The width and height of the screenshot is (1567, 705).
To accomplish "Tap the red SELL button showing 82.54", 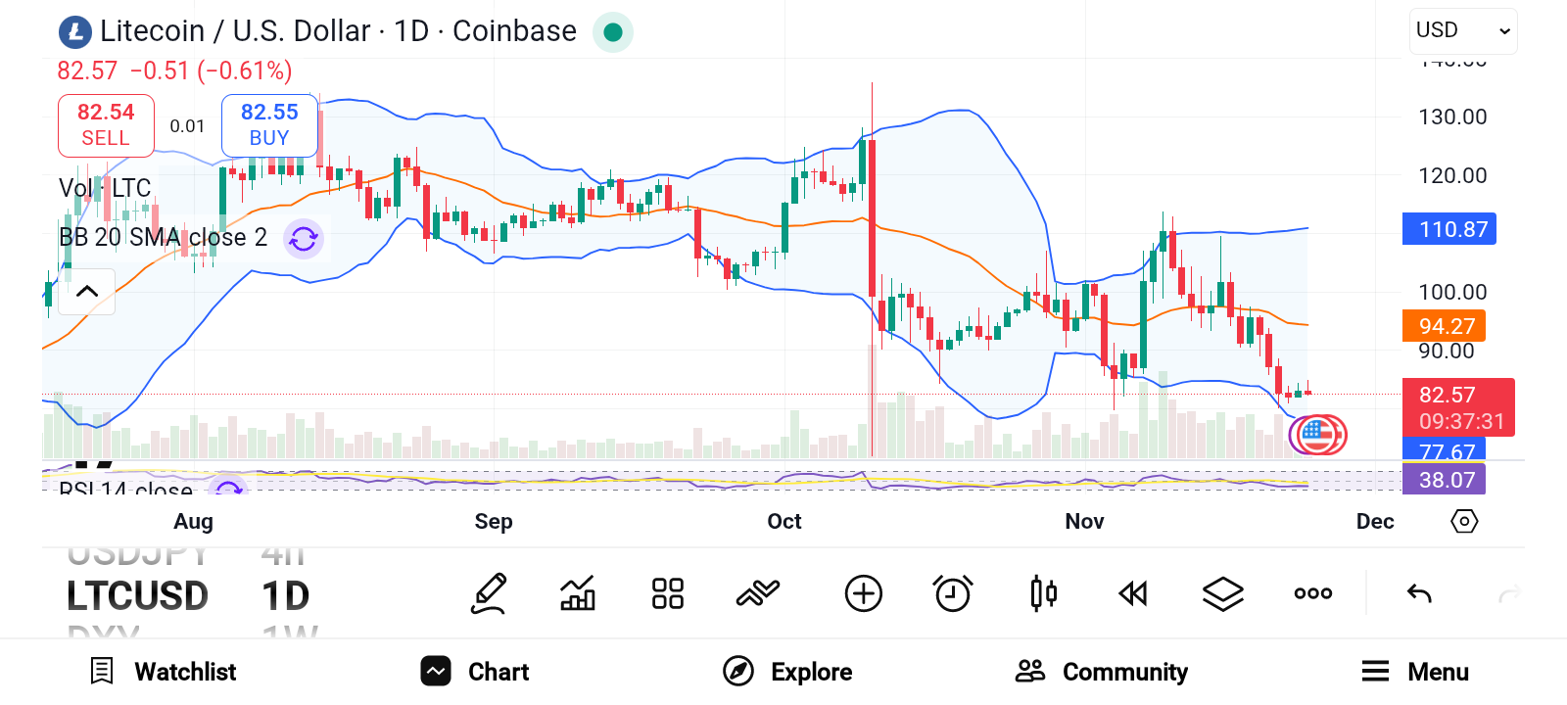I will (x=106, y=125).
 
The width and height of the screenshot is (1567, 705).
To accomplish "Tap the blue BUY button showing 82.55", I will (x=269, y=125).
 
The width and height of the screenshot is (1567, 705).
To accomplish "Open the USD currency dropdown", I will (x=1463, y=31).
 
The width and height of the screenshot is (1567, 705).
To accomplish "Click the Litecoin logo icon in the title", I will (x=75, y=32).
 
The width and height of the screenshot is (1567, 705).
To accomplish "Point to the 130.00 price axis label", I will (x=1452, y=117).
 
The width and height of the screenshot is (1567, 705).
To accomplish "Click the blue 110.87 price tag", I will (x=1449, y=229).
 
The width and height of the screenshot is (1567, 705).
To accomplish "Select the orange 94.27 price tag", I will (x=1444, y=326).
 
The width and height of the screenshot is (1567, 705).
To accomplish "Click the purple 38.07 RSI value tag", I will (x=1445, y=480).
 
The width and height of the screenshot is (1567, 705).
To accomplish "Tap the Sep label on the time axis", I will (x=494, y=522).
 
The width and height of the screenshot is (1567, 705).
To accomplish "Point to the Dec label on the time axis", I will (x=1375, y=522).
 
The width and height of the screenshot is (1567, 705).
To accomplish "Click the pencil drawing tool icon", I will (x=489, y=593).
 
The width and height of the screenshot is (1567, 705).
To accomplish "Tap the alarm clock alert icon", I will (x=952, y=593).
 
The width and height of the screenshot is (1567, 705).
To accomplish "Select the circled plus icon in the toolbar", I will (x=863, y=593).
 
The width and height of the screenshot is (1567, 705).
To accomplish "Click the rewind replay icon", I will (x=1133, y=593).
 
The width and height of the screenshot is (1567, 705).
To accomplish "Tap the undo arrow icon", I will (x=1419, y=593).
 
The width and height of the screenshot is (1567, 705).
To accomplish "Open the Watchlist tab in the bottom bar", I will (x=164, y=672).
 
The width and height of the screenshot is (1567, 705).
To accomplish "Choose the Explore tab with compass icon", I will (x=787, y=672).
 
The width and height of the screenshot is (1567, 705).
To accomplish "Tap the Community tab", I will (x=1102, y=672).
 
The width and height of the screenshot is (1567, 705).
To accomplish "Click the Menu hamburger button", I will (x=1415, y=672).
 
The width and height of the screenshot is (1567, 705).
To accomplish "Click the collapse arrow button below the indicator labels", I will (x=87, y=291).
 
